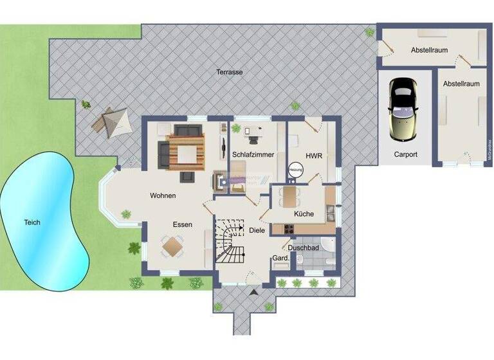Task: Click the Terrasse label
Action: [229, 72]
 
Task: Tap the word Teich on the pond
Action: [32, 222]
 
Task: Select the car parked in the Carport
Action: [403, 109]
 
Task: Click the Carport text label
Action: [405, 154]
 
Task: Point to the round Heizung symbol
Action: [295, 169]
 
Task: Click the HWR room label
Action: [313, 155]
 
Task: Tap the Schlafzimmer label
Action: [253, 155]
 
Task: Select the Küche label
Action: [304, 213]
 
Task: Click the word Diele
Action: [257, 230]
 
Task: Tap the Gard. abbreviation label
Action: [280, 258]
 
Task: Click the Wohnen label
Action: [163, 195]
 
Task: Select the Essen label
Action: [183, 224]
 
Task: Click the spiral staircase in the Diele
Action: [230, 241]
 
